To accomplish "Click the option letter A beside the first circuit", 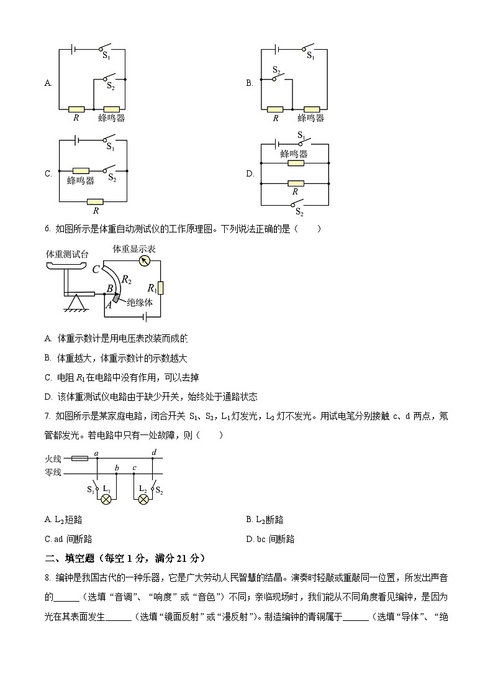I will click(48, 83).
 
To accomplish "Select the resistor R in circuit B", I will click(275, 109).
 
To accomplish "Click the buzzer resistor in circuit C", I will click(81, 170).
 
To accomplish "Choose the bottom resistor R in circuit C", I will click(95, 201).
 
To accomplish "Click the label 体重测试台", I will click(67, 254).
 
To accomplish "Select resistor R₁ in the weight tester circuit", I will click(160, 288).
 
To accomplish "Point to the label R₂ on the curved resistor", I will click(127, 280).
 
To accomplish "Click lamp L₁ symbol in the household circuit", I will click(106, 499).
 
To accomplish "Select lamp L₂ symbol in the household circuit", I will click(143, 499).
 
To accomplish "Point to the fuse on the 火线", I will click(79, 459).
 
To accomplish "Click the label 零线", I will click(53, 472).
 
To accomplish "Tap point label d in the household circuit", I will click(153, 452).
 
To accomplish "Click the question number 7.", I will click(47, 416).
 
